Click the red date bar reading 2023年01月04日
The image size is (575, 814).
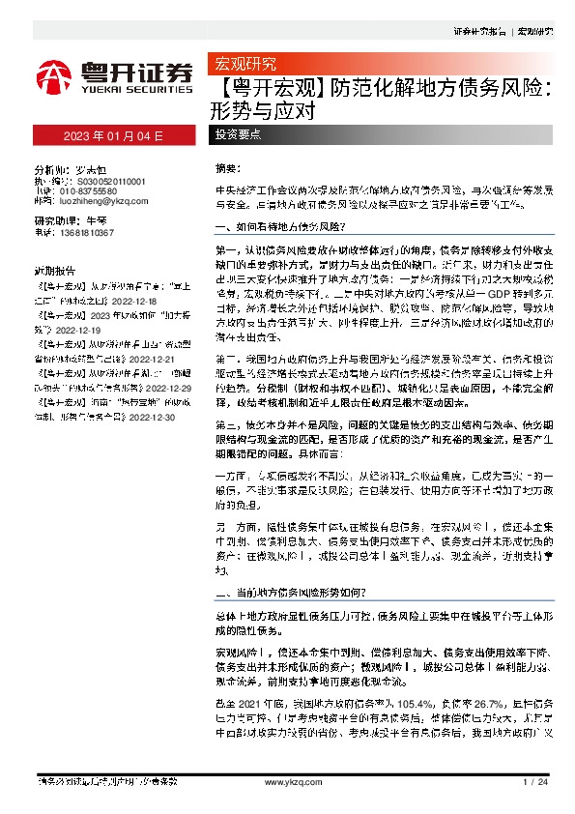point(114,134)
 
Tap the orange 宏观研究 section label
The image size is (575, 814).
point(244,65)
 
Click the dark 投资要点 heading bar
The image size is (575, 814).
point(236,134)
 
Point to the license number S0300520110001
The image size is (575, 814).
point(103,181)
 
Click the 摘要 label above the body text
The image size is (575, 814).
point(224,167)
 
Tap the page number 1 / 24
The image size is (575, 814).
point(533,781)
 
